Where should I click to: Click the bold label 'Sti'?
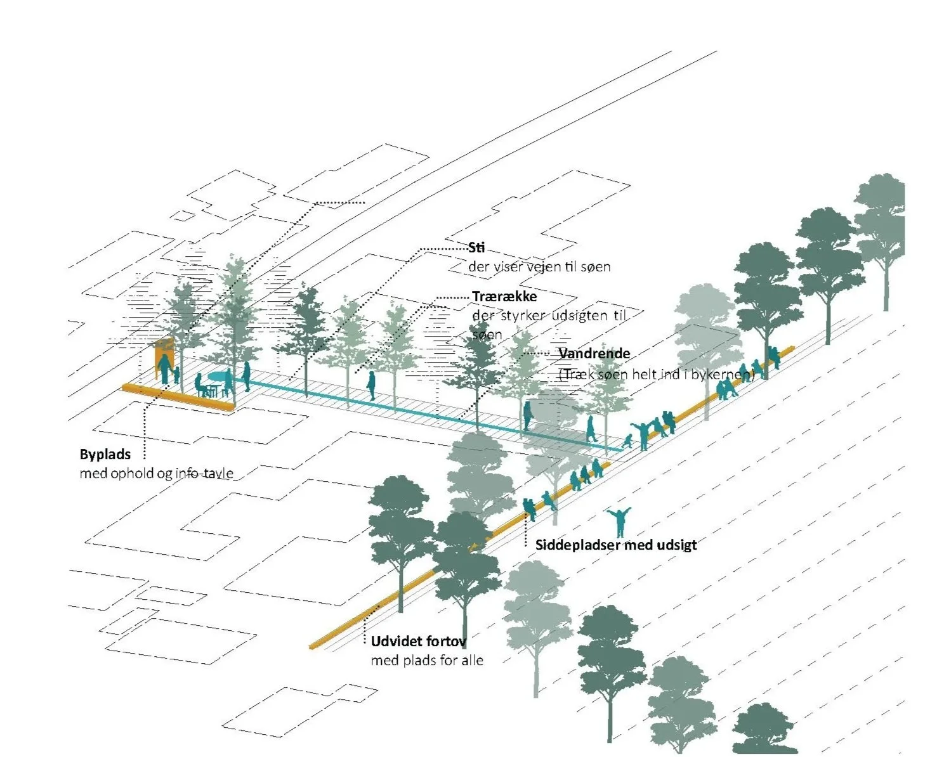click(476, 248)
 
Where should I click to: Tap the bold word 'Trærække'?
click(504, 297)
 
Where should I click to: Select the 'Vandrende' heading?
click(594, 353)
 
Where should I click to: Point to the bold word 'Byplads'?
click(105, 455)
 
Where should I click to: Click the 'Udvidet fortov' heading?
click(419, 641)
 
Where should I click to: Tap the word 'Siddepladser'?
click(578, 545)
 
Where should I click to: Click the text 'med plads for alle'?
click(427, 661)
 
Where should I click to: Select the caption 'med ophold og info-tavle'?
click(157, 474)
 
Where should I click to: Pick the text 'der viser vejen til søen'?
click(539, 266)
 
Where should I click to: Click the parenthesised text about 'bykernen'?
click(657, 374)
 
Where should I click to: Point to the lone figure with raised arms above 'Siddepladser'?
click(619, 522)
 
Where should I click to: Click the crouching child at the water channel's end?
click(627, 441)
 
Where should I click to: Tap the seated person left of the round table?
click(200, 385)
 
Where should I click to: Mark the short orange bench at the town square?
click(178, 397)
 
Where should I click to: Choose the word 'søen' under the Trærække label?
click(487, 335)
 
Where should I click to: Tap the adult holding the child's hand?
click(164, 368)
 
